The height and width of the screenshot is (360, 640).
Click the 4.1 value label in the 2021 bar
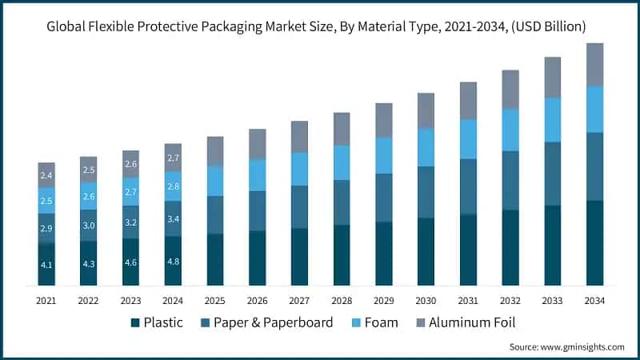click(x=46, y=264)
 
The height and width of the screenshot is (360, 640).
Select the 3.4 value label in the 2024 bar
click(x=173, y=218)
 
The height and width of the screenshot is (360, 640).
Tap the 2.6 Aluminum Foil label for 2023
click(x=130, y=163)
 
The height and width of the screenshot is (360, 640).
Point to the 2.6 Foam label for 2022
click(x=89, y=196)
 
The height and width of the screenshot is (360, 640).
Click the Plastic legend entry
click(x=157, y=322)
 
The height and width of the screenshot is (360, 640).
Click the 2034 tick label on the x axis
click(x=594, y=300)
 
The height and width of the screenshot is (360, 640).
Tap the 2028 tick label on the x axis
click(x=342, y=300)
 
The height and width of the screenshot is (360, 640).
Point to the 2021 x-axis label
click(x=46, y=300)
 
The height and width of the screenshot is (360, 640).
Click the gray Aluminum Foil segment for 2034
click(x=594, y=65)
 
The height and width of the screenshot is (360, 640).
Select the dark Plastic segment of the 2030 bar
click(x=426, y=251)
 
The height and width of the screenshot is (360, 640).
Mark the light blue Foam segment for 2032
click(x=510, y=130)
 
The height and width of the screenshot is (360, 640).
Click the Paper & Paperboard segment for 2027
click(x=299, y=206)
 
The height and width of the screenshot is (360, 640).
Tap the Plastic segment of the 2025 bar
click(x=215, y=259)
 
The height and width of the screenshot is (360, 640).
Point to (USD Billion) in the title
click(x=548, y=27)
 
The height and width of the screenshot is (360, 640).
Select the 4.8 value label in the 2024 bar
click(x=173, y=260)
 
